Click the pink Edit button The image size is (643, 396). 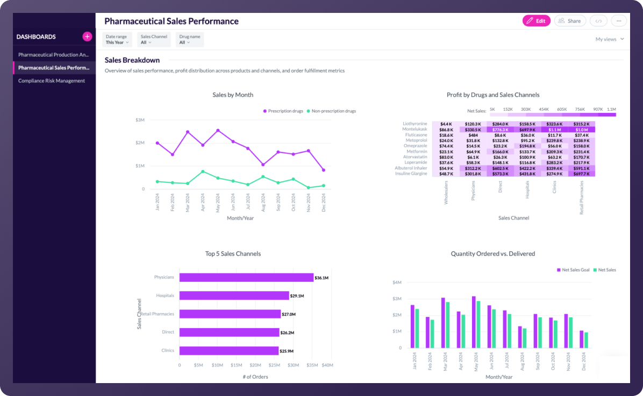tap(536, 21)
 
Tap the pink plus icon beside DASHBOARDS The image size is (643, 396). tap(87, 37)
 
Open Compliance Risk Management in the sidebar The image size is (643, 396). tap(52, 81)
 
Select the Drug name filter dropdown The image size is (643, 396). tap(190, 39)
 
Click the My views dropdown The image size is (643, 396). tap(610, 39)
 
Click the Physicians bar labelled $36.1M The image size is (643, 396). tap(246, 278)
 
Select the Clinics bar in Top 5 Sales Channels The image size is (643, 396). tap(229, 351)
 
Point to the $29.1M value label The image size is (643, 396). tap(297, 296)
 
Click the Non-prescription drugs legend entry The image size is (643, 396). tap(331, 111)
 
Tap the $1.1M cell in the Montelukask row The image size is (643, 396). tap(555, 130)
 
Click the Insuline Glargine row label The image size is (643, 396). tap(411, 173)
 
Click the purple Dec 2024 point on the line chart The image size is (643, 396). tap(323, 170)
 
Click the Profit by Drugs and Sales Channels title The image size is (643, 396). tap(492, 95)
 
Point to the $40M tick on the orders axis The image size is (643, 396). tap(327, 365)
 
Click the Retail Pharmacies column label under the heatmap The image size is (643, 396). tap(582, 198)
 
